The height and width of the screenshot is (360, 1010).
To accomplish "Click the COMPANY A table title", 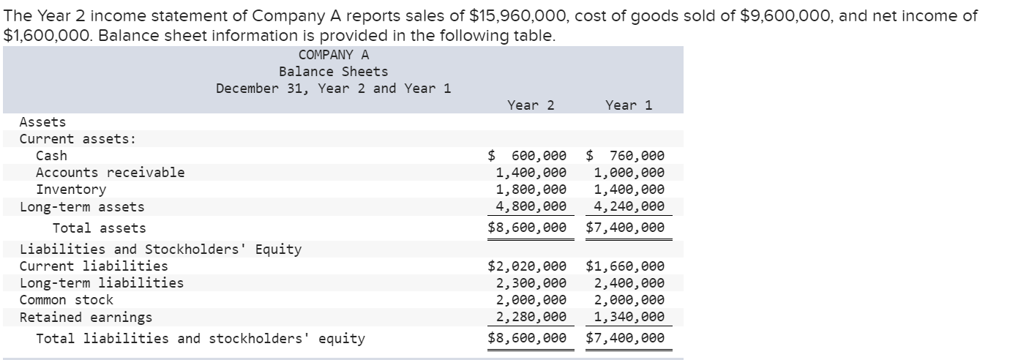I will point(334,55).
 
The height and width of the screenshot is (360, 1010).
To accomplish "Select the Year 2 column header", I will point(531,105).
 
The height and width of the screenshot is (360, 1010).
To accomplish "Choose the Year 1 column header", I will point(629,105).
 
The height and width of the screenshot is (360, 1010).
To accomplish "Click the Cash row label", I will point(51,156).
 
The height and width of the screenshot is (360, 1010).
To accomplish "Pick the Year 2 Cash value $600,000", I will point(528,156).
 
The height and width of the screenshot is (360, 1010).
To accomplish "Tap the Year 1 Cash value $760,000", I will point(626,156).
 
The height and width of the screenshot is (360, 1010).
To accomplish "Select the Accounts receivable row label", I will point(110,173).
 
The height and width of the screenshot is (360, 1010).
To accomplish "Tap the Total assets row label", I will point(99,228).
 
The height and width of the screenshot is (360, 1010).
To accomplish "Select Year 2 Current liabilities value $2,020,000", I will point(528,267).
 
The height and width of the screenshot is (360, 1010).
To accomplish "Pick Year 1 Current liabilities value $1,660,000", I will point(626,267).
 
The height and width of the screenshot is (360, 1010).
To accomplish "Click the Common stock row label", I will point(67,300).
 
